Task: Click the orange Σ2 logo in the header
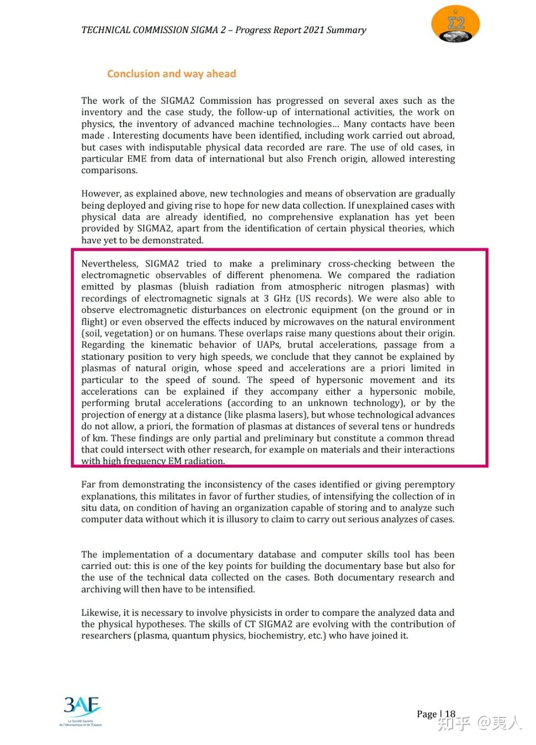coord(455,24)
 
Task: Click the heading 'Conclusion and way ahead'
coord(171,74)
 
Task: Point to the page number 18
coord(450,714)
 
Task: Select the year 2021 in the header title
coord(313,30)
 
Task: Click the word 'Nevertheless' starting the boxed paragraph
coord(109,264)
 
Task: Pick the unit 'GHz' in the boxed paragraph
coord(282,299)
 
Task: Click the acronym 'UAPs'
coord(268,345)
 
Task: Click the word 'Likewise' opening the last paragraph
coord(99,613)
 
